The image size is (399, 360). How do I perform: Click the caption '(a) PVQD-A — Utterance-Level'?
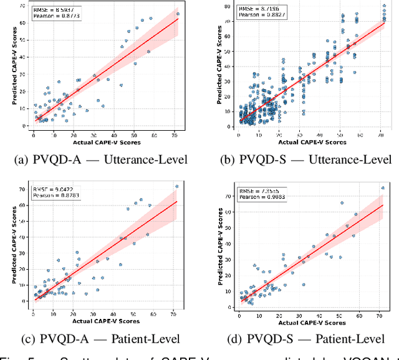[100, 160]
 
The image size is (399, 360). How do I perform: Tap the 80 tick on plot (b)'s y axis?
[229, 6]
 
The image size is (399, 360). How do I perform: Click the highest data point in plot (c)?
[176, 186]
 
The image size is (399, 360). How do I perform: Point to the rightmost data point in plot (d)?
[383, 187]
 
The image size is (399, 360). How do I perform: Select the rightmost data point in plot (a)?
[178, 14]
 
